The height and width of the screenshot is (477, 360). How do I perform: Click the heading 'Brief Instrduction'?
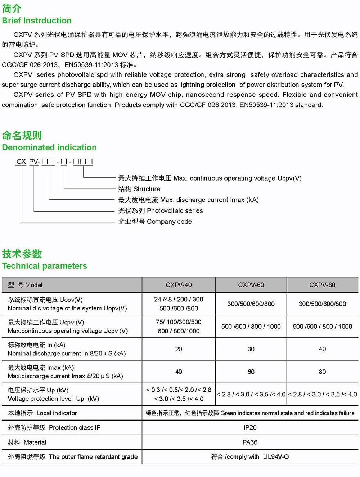[37, 21]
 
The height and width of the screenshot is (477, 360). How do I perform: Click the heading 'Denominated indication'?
[49, 147]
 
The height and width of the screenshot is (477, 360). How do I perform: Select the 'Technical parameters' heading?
[44, 266]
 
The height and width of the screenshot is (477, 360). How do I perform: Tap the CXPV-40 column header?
[179, 285]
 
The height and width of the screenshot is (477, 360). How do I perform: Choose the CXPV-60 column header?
[251, 285]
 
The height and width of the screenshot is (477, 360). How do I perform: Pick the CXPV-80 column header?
[322, 285]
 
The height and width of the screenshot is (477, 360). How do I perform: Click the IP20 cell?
[250, 427]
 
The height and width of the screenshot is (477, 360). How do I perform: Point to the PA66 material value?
[250, 442]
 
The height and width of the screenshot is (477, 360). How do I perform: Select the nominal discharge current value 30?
[251, 349]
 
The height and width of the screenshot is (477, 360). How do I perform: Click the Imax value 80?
[322, 372]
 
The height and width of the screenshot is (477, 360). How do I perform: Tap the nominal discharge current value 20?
[179, 349]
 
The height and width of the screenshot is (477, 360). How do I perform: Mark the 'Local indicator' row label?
[42, 413]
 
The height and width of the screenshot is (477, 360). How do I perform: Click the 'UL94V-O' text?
[276, 457]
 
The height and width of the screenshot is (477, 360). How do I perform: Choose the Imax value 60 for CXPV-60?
[251, 372]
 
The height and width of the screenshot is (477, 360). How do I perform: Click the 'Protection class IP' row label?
[54, 427]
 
